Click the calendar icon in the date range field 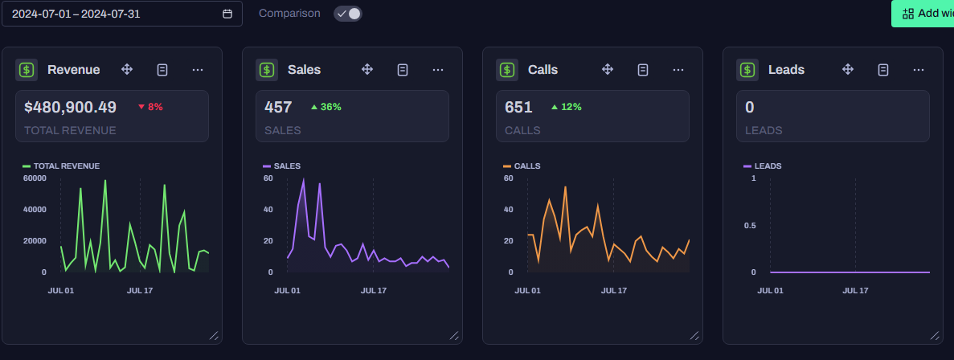[227, 14]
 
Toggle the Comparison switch [347, 14]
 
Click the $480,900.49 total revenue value [70, 107]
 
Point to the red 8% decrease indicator [150, 107]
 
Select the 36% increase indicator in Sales [326, 107]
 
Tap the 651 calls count [518, 107]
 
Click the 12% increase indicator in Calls [567, 107]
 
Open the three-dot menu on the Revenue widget [198, 70]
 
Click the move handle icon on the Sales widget [366, 69]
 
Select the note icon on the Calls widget [642, 70]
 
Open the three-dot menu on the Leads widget [919, 70]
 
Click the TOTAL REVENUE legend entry [61, 166]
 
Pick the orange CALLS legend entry [522, 166]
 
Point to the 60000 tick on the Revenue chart [35, 178]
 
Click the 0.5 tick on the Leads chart [749, 226]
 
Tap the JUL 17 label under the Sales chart [374, 291]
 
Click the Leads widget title [786, 70]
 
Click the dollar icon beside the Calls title [507, 70]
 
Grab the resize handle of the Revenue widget [214, 336]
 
